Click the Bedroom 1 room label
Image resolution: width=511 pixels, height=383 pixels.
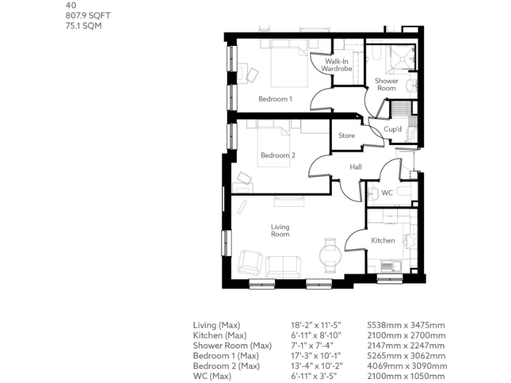(275, 99)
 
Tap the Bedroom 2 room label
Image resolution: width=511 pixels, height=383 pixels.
(277, 156)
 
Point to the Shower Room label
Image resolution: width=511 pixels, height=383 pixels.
(387, 84)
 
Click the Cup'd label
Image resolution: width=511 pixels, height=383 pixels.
(393, 130)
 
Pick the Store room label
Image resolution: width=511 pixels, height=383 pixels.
(347, 136)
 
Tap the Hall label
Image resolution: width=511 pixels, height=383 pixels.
(355, 167)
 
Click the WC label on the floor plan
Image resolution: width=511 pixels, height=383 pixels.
(387, 193)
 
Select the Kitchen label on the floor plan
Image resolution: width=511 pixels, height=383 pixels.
(383, 241)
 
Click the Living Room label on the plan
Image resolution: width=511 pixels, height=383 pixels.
(280, 231)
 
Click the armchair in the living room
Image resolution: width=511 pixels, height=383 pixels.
(250, 262)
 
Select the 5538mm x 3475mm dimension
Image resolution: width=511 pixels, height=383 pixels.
(406, 325)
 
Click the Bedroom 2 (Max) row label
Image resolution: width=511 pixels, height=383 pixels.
(226, 366)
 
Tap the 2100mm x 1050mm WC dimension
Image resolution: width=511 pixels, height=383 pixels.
(406, 376)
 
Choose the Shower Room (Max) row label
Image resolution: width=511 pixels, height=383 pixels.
(232, 346)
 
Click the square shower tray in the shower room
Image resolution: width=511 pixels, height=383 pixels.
(401, 58)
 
